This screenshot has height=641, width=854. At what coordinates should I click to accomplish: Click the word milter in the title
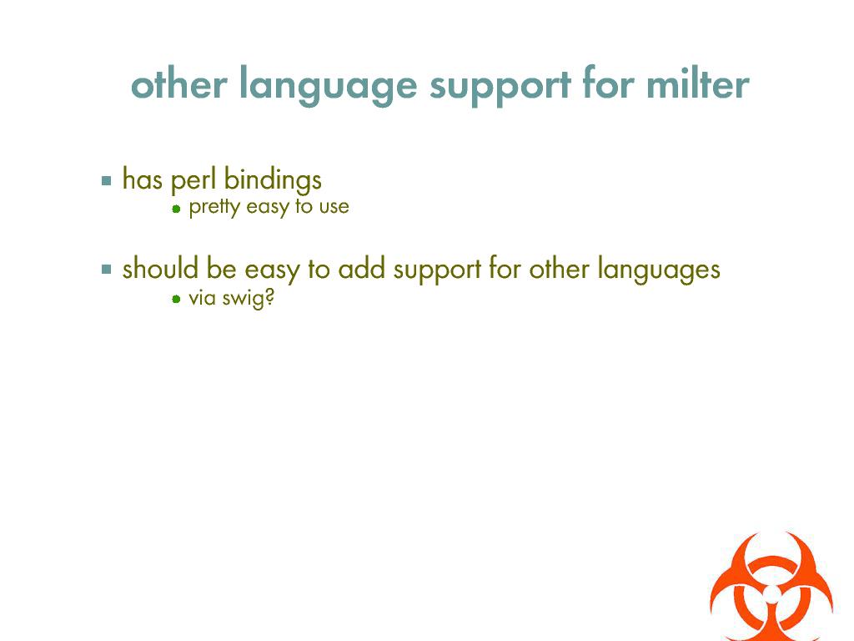[698, 84]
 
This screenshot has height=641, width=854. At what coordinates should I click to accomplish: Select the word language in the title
[329, 86]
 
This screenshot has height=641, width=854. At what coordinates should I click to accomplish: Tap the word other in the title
[178, 84]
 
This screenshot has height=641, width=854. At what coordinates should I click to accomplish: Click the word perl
[193, 179]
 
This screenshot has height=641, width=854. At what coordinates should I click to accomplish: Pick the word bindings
[273, 179]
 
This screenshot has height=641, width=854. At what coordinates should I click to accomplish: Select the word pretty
[214, 207]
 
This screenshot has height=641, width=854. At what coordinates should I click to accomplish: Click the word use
[334, 207]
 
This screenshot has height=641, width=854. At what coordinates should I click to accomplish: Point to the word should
[160, 268]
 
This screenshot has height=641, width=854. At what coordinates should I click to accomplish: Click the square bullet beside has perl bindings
[106, 180]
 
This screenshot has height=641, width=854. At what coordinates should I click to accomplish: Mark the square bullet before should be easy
[106, 270]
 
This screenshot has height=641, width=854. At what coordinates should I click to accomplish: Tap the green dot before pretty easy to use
[176, 208]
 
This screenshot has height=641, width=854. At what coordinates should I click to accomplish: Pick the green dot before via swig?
[176, 299]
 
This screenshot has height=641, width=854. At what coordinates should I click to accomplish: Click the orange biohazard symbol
[771, 587]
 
